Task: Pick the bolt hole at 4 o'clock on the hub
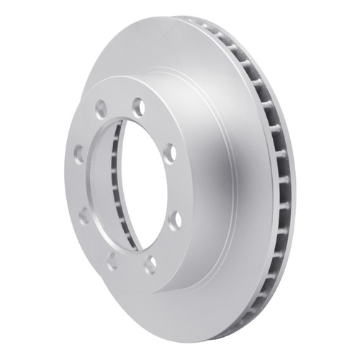[x=172, y=217]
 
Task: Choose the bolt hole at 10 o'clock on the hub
[x=78, y=153]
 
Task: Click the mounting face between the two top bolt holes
[x=118, y=103]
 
